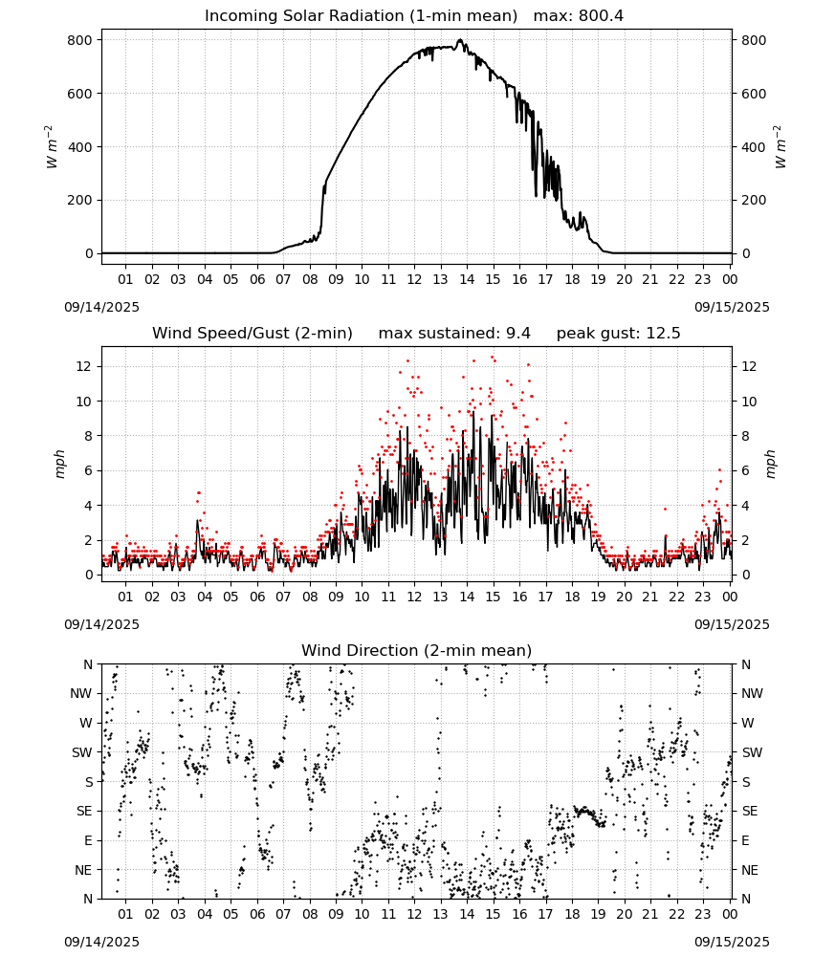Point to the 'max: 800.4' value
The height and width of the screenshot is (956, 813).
[579, 16]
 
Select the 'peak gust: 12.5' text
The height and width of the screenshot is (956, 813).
[618, 334]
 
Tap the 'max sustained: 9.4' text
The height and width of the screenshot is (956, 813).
[454, 334]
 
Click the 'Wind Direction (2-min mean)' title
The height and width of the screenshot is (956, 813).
[417, 650]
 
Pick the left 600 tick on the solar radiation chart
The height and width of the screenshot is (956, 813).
[81, 94]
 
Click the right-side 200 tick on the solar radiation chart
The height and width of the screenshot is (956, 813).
[754, 201]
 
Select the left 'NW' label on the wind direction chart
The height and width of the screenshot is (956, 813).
[81, 694]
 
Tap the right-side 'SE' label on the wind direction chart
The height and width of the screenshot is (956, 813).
[750, 812]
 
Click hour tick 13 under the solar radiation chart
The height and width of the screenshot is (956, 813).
[440, 280]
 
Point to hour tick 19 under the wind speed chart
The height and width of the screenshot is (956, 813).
[598, 597]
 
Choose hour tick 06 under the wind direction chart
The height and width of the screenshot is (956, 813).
[256, 915]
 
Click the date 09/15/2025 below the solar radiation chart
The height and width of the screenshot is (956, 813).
[732, 307]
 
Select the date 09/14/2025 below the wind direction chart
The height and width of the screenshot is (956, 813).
[101, 942]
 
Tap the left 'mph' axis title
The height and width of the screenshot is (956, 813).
[59, 464]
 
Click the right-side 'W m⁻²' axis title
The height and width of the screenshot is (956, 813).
[780, 147]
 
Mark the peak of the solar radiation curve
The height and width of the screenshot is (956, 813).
[460, 40]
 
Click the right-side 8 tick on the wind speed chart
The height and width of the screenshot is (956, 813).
[745, 437]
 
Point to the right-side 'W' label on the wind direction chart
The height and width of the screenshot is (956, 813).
[748, 724]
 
